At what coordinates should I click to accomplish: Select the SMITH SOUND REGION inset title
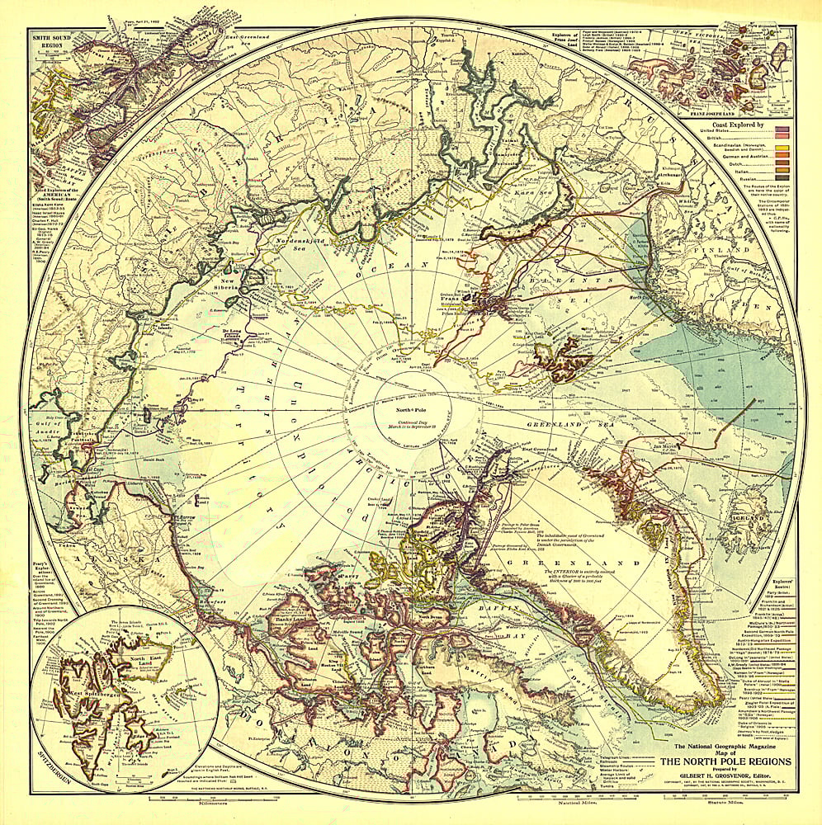coord(51,41)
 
